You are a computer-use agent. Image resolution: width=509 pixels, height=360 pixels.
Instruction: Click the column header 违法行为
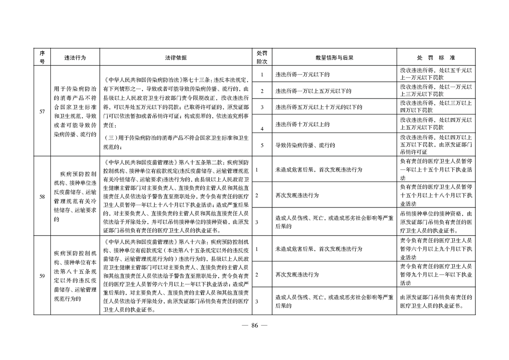tap(75, 58)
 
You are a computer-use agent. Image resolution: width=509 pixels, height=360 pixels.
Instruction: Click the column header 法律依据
tap(176, 58)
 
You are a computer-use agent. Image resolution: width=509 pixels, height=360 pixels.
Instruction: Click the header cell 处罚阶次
tap(262, 58)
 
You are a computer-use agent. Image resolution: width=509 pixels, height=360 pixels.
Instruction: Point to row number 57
tap(42, 112)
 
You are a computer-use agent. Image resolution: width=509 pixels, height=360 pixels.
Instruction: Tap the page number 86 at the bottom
tap(254, 325)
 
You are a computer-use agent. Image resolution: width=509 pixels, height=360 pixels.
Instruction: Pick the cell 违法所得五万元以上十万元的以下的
tap(318, 108)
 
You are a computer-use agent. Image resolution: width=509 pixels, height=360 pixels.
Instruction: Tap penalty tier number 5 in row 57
tap(262, 145)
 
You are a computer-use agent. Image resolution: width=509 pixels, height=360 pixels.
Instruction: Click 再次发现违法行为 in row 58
tap(297, 195)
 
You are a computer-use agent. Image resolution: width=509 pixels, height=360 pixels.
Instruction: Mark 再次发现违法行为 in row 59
tap(297, 275)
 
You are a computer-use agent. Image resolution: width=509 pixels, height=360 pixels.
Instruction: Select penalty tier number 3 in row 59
tap(257, 301)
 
